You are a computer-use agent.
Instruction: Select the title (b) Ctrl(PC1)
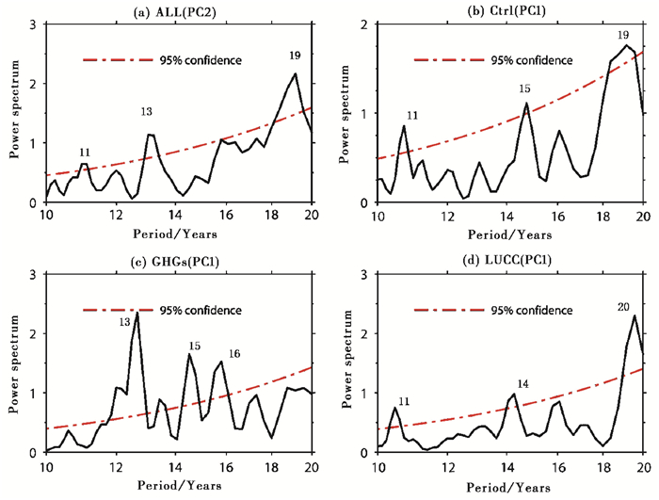[x=512, y=9]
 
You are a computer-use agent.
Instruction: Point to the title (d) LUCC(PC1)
[x=512, y=260]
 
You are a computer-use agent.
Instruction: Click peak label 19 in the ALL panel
[x=295, y=56]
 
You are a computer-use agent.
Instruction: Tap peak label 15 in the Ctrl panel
[x=525, y=89]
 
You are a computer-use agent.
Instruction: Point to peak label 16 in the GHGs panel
[x=234, y=353]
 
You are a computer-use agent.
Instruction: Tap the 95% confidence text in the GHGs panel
[x=210, y=310]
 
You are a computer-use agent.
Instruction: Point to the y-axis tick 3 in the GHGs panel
[x=34, y=275]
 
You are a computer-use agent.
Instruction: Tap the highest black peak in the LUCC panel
[x=635, y=315]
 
